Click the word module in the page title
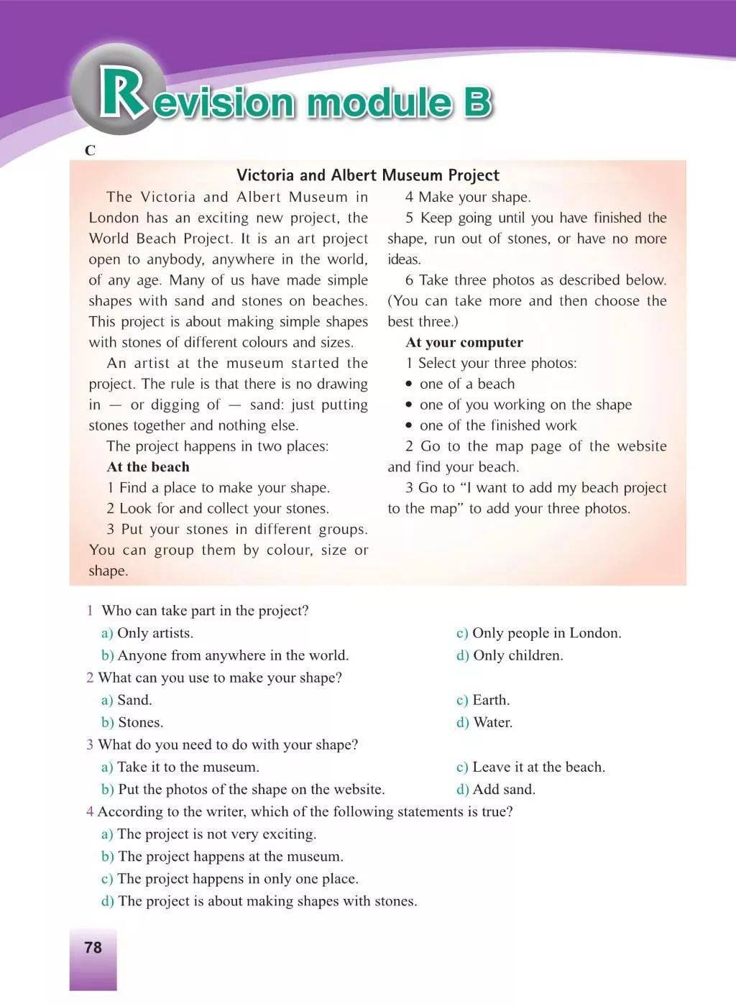[x=379, y=103]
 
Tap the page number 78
[x=93, y=948]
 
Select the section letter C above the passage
[x=90, y=151]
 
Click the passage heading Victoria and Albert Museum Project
[x=368, y=175]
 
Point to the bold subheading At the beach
[x=148, y=467]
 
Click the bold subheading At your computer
[x=464, y=343]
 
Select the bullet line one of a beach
[x=466, y=384]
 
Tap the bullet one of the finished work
[x=497, y=425]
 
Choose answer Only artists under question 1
[x=155, y=633]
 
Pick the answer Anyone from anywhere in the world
[x=232, y=655]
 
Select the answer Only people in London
[x=546, y=633]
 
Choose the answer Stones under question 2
[x=140, y=722]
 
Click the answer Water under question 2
[x=492, y=722]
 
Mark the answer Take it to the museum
[x=188, y=767]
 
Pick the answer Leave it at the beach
[x=538, y=767]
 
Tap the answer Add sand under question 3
[x=503, y=789]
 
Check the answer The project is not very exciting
[x=216, y=834]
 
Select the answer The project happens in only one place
[x=237, y=879]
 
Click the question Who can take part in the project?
[x=205, y=611]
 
